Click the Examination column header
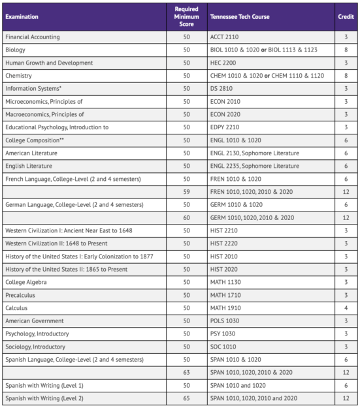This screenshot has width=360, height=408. (22, 16)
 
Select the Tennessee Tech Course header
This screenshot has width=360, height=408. (239, 16)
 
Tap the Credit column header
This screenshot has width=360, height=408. (346, 16)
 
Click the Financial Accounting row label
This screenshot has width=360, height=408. (32, 37)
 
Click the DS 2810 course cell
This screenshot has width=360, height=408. (222, 88)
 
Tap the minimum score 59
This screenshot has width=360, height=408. (187, 191)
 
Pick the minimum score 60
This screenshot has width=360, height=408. (187, 217)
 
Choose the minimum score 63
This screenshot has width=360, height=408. (187, 372)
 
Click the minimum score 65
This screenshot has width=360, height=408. (187, 398)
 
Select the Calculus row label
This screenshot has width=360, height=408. (16, 307)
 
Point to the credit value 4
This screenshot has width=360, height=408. (346, 307)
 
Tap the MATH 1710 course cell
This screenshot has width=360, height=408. (225, 295)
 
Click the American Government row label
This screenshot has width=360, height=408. (34, 321)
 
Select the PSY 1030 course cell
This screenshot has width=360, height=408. (223, 334)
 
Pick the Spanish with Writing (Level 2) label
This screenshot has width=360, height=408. (44, 398)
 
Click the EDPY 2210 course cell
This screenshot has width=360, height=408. (225, 127)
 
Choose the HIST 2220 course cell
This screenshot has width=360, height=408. (224, 243)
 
